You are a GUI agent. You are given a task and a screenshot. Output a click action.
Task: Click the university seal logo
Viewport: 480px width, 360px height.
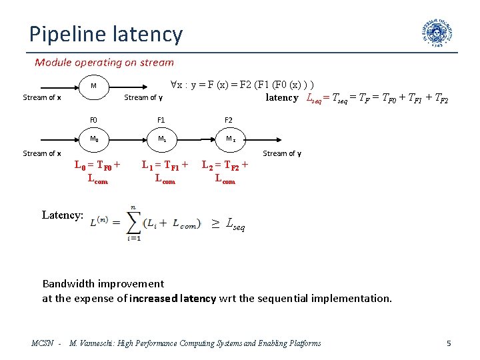pos(437,32)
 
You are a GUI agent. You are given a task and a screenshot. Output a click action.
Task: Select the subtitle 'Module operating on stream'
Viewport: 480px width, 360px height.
pos(104,63)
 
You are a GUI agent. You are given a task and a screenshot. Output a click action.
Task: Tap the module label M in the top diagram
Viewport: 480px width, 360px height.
pos(93,86)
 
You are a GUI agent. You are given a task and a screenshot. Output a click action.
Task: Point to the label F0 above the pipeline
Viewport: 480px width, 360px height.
pos(93,121)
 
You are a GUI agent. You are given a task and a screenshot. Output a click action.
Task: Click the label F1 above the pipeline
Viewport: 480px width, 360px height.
pos(161,121)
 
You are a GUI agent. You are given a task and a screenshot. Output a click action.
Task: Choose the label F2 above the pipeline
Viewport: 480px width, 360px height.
pos(229,121)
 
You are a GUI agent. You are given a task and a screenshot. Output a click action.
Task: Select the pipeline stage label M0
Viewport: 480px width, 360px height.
pos(94,139)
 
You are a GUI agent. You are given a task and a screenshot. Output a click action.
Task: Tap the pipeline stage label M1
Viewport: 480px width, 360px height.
pos(161,139)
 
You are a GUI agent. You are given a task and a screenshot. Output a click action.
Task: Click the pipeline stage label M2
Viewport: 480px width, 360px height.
pos(230,139)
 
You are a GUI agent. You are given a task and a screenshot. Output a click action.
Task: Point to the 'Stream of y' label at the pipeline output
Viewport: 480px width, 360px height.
pos(282,153)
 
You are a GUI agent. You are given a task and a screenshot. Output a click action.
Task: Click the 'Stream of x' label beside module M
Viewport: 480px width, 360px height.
pos(42,98)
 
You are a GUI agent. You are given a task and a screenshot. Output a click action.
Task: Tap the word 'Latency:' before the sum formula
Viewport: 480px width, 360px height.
pos(62,215)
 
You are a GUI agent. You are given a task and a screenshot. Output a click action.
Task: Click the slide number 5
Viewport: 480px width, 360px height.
pos(449,343)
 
